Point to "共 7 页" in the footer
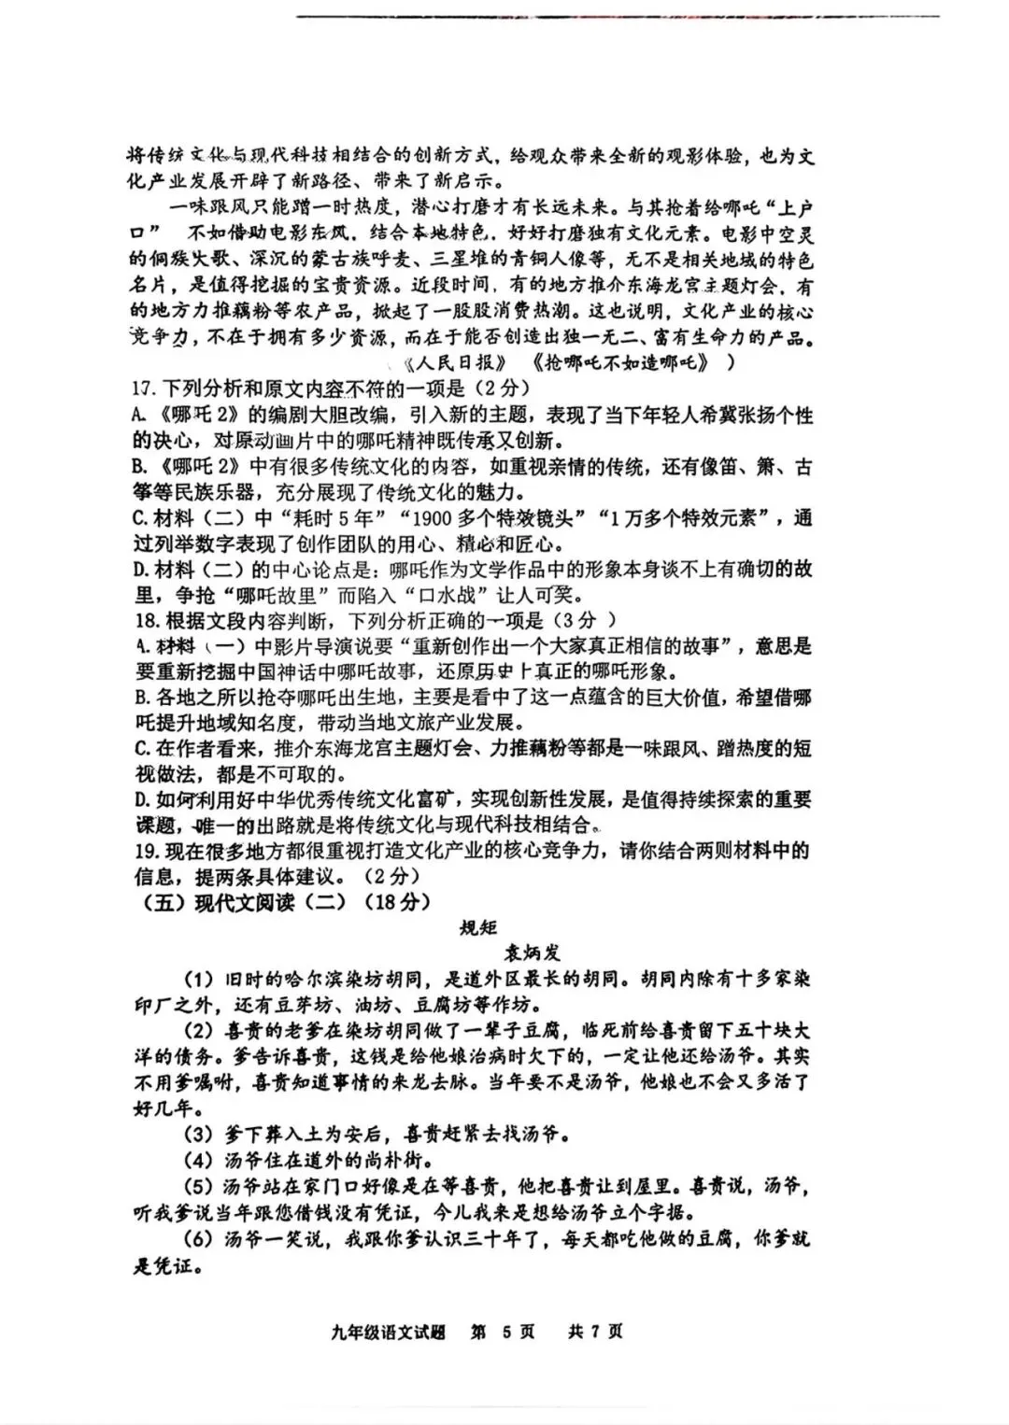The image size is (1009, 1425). pos(595,1331)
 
